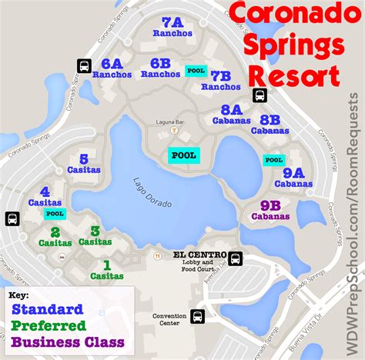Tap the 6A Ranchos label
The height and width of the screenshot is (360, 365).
112,68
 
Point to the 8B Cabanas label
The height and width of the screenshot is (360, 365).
270,125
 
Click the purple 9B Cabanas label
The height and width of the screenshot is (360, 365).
270,211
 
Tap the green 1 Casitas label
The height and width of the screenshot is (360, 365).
106,269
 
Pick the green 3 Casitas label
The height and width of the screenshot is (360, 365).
95,235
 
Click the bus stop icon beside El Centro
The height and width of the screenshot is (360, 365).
236,258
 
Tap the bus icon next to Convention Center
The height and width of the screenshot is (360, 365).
197,316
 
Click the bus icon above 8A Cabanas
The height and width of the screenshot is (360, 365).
260,95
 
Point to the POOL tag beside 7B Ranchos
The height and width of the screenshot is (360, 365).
196,72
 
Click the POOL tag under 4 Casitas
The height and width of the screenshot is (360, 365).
55,214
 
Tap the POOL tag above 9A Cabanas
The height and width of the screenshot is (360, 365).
273,160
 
